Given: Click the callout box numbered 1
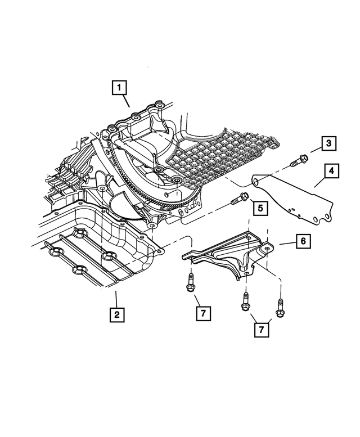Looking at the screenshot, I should click(x=119, y=88).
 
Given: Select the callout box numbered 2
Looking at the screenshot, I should click(x=116, y=314).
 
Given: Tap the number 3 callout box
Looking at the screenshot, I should click(x=329, y=144).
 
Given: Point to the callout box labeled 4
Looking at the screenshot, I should click(x=331, y=170).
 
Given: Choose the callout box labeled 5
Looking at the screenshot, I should click(x=260, y=208).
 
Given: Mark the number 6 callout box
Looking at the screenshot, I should click(x=302, y=242).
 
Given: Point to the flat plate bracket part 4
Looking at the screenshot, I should click(x=298, y=197).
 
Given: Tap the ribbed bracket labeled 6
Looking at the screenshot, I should click(x=231, y=253).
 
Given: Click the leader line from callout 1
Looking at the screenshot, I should click(x=127, y=102).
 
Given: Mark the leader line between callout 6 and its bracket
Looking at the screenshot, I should click(x=284, y=243).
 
